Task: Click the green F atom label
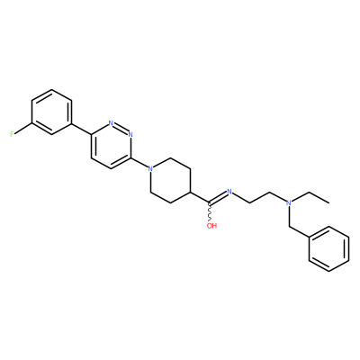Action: pyautogui.click(x=12, y=134)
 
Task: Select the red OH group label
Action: pyautogui.click(x=211, y=226)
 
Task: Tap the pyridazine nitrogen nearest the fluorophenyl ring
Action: pyautogui.click(x=111, y=123)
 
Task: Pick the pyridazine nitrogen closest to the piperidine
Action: pyautogui.click(x=130, y=134)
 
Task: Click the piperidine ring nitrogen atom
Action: pyautogui.click(x=150, y=168)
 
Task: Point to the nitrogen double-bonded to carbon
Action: pyautogui.click(x=229, y=192)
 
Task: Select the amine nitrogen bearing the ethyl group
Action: pyautogui.click(x=289, y=202)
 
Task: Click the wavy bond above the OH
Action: pyautogui.click(x=210, y=214)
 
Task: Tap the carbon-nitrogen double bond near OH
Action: pyautogui.click(x=218, y=199)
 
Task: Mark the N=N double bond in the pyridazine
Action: pyautogui.click(x=121, y=129)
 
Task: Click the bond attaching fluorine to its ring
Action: pyautogui.click(x=23, y=128)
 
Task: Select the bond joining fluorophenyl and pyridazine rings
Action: pyautogui.click(x=81, y=129)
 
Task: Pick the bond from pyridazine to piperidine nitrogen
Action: pyautogui.click(x=139, y=163)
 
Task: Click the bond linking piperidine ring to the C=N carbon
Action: pyautogui.click(x=200, y=197)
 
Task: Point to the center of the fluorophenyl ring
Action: pyautogui.click(x=52, y=112)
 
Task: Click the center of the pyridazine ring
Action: pyautogui.click(x=111, y=146)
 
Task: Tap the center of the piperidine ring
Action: pyautogui.click(x=170, y=180)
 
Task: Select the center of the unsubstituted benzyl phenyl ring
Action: pyautogui.click(x=329, y=248)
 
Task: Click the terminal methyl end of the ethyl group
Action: pyautogui.click(x=329, y=202)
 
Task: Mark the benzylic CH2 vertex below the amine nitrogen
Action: pyautogui.click(x=289, y=226)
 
